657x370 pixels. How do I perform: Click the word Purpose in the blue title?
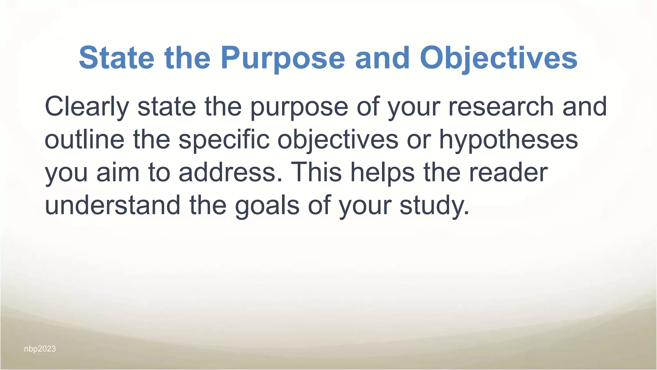tap(283, 58)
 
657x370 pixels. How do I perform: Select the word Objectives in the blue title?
tap(499, 58)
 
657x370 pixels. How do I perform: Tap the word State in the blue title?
tap(116, 58)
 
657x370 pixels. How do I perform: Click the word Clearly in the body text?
tap(87, 107)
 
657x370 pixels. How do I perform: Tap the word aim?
tap(118, 172)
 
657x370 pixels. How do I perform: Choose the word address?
tap(230, 172)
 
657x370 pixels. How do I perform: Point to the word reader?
tap(508, 172)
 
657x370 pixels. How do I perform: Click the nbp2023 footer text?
tap(40, 349)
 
